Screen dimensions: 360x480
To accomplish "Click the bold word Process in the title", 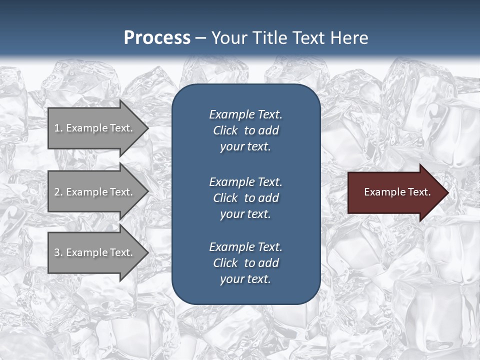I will click(157, 37).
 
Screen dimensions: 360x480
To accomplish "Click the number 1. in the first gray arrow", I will click(58, 128).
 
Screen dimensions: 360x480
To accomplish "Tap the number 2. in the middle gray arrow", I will click(58, 192).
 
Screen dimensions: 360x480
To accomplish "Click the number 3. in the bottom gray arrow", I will click(58, 252).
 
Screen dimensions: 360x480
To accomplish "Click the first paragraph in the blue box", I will click(245, 130).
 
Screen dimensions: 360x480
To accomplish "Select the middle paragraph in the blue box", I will click(245, 198).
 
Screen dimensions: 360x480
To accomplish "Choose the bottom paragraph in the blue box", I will click(245, 263).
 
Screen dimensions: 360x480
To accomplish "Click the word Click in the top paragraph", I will click(225, 130).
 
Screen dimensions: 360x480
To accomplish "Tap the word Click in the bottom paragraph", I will click(225, 263).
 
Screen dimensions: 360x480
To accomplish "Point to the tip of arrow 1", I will click(147, 128).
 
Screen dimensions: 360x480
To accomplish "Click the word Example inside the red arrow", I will click(381, 192).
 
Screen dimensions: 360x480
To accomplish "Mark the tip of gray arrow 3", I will click(147, 252).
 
